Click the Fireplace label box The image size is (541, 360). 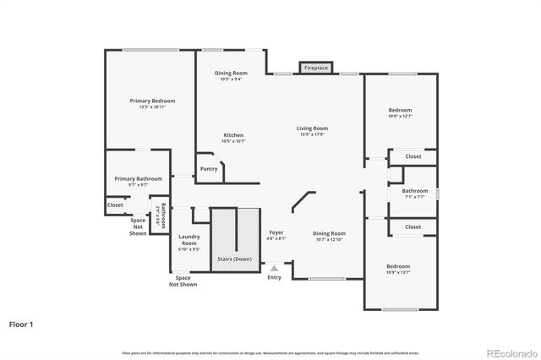316,67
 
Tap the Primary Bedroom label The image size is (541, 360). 146,101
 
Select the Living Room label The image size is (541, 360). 311,128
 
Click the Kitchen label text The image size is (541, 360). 233,135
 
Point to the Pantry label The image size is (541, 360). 209,168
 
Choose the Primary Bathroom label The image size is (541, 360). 138,178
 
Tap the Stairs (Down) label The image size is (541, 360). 235,259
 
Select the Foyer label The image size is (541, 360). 276,232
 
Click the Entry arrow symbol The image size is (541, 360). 274,268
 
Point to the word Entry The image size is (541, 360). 274,277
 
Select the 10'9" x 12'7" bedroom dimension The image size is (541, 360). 400,117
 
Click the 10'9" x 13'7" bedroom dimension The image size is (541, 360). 400,272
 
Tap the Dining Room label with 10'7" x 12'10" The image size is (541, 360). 330,236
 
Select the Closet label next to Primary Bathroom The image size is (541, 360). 115,205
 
